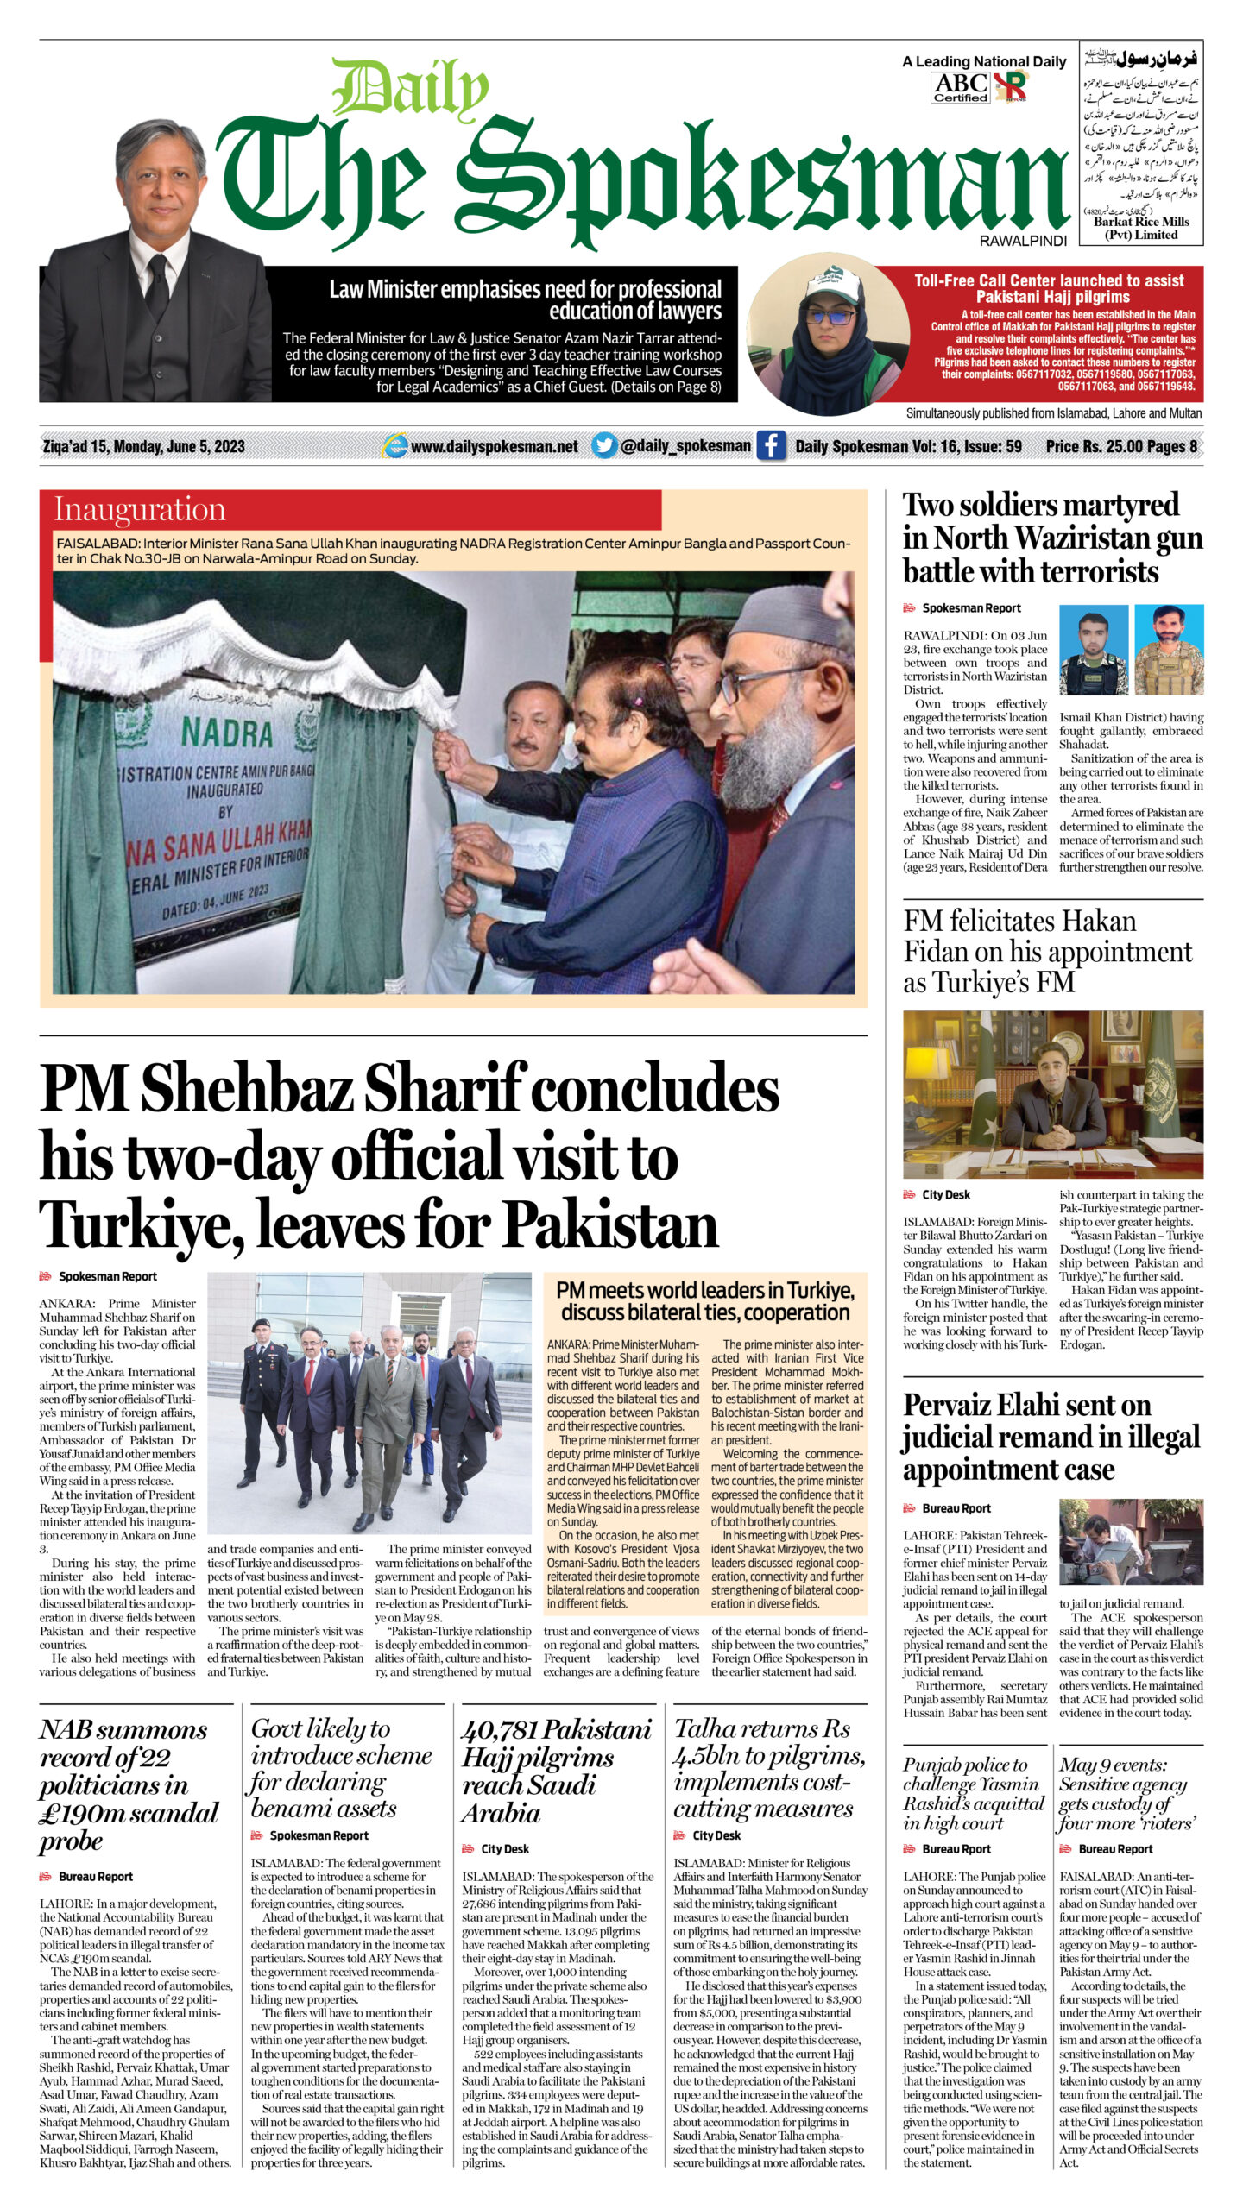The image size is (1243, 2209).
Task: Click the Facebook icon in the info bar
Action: coord(771,446)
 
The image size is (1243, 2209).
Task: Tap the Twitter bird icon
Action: coord(604,446)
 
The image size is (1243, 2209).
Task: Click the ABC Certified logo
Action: coord(960,87)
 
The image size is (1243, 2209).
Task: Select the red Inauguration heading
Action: coord(140,510)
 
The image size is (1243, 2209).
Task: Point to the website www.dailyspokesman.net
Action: coord(494,446)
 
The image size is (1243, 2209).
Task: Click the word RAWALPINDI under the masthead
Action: coord(1023,241)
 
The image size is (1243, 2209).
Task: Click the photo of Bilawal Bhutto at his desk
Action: coord(1052,1094)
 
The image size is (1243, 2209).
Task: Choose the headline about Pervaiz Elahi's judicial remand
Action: coord(1051,1438)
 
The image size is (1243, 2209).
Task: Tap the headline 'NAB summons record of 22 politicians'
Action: coord(129,1783)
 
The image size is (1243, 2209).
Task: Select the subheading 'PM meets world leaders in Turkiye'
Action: coord(705,1301)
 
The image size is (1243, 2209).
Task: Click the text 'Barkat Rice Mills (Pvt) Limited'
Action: coord(1141,228)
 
